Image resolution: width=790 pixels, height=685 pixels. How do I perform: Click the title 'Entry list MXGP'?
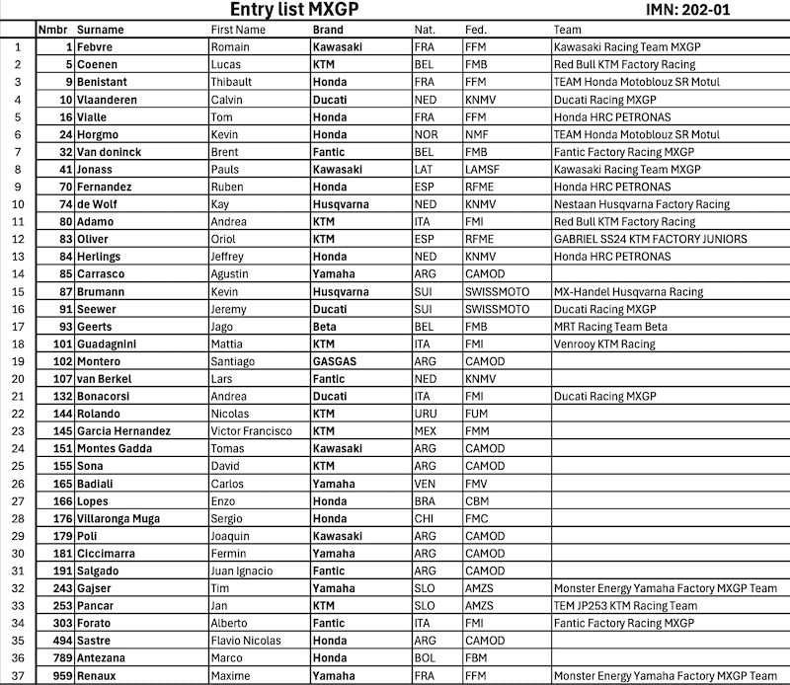(x=294, y=10)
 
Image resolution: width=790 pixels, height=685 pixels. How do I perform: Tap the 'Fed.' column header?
(x=476, y=30)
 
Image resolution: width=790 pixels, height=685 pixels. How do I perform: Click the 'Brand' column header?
(x=328, y=30)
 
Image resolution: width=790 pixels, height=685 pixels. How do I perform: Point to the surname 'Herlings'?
(x=101, y=257)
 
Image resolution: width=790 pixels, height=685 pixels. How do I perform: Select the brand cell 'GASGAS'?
(x=334, y=361)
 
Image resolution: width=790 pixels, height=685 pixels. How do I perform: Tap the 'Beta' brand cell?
(x=325, y=327)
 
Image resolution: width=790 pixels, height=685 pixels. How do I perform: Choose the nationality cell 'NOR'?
(x=426, y=134)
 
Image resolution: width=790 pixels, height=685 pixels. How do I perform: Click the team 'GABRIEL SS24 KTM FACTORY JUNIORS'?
(x=650, y=239)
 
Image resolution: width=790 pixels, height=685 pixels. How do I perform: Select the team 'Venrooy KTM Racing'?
(x=604, y=343)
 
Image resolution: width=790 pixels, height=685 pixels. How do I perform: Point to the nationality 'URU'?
(x=426, y=414)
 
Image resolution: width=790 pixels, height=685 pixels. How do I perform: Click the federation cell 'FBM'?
(x=476, y=658)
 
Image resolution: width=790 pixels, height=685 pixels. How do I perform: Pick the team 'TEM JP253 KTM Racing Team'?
(x=625, y=606)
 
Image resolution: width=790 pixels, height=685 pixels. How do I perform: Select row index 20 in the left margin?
(x=18, y=379)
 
